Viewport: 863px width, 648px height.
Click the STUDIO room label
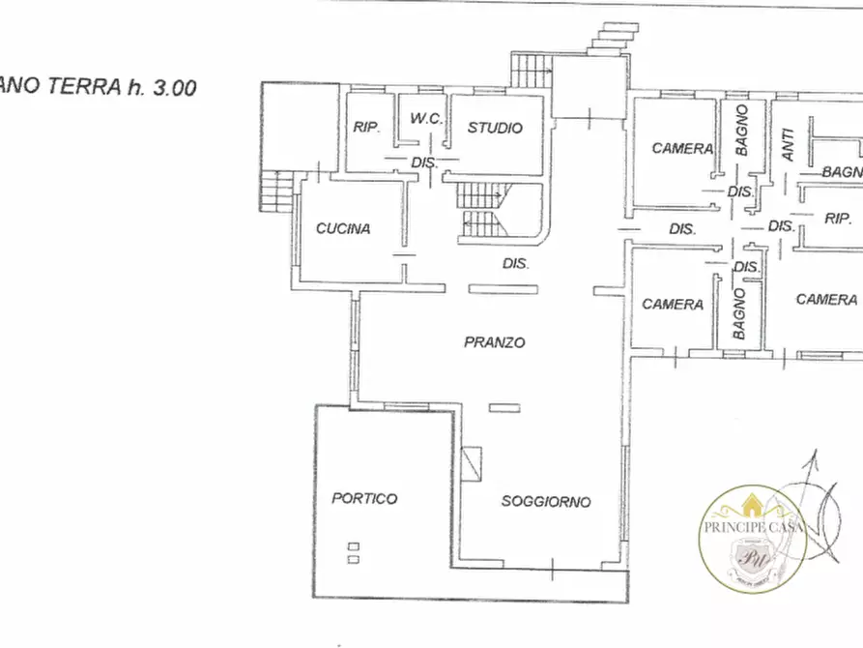[495, 128]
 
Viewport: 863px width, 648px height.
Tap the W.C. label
[426, 120]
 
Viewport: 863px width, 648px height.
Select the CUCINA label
[343, 229]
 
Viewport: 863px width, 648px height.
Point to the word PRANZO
[494, 342]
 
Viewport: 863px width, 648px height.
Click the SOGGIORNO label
[546, 501]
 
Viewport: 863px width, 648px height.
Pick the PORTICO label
[364, 498]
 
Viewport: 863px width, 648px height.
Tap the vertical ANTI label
[788, 146]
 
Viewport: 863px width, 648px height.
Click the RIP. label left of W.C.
[365, 128]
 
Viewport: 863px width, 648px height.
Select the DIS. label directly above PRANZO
[516, 263]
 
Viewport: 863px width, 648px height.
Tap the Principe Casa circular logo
[753, 537]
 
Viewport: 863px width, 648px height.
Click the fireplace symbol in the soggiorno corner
[473, 463]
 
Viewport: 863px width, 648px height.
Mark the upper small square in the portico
[353, 546]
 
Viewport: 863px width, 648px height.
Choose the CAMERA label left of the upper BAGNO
[682, 148]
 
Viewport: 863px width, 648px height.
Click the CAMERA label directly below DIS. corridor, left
[673, 304]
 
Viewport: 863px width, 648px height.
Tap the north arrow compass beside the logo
[818, 508]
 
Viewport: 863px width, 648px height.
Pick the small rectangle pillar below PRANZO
[503, 408]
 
